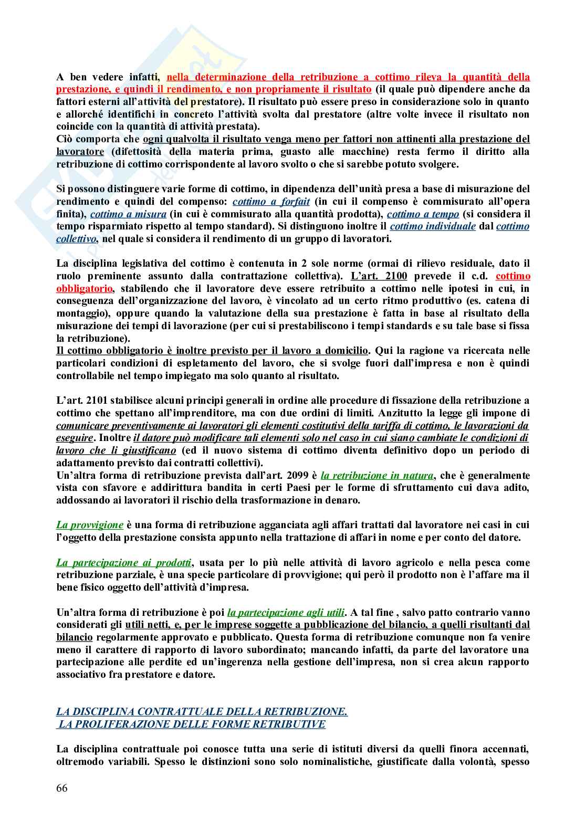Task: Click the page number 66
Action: click(x=62, y=789)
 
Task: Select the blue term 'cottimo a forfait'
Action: click(x=271, y=202)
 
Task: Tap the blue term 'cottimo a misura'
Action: click(x=128, y=214)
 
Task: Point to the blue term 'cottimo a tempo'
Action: click(x=423, y=214)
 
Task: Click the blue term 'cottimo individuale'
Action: click(x=433, y=226)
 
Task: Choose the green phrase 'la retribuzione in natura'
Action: click(x=377, y=476)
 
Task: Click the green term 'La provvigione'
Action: click(x=90, y=525)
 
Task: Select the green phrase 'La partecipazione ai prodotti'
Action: click(x=124, y=563)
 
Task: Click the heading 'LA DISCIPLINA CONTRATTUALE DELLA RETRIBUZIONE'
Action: click(x=202, y=712)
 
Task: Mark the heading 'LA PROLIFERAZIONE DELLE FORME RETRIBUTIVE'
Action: click(x=192, y=725)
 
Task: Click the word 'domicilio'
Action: click(x=348, y=351)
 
